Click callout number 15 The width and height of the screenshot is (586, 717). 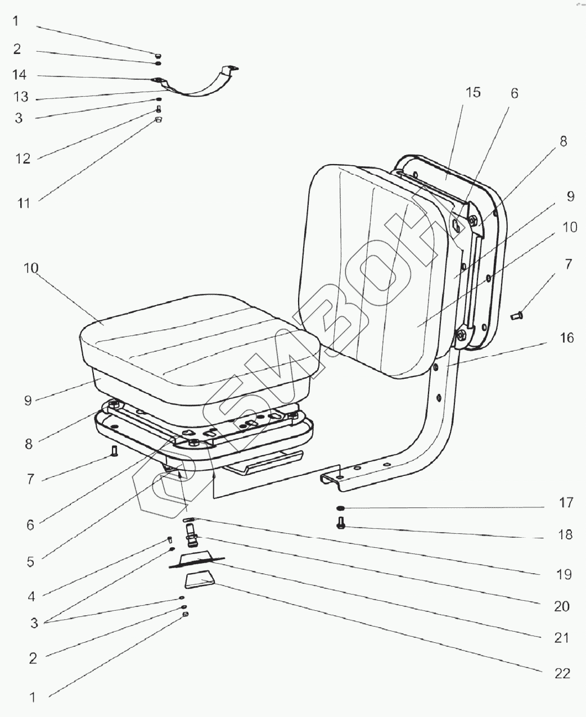click(x=474, y=93)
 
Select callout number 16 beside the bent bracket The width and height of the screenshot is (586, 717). click(x=566, y=338)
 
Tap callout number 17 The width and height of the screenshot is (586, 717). click(x=566, y=502)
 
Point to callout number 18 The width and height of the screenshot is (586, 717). click(x=566, y=534)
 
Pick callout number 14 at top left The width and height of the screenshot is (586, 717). click(x=20, y=75)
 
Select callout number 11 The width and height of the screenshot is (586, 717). click(x=23, y=202)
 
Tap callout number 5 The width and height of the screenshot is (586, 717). click(x=30, y=561)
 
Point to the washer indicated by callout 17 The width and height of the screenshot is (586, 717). click(x=341, y=508)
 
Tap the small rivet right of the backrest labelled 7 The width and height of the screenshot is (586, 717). click(x=517, y=317)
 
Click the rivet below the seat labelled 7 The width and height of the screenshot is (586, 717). click(x=115, y=450)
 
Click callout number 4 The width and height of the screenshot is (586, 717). click(x=31, y=597)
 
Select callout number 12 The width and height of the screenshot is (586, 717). click(x=23, y=158)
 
